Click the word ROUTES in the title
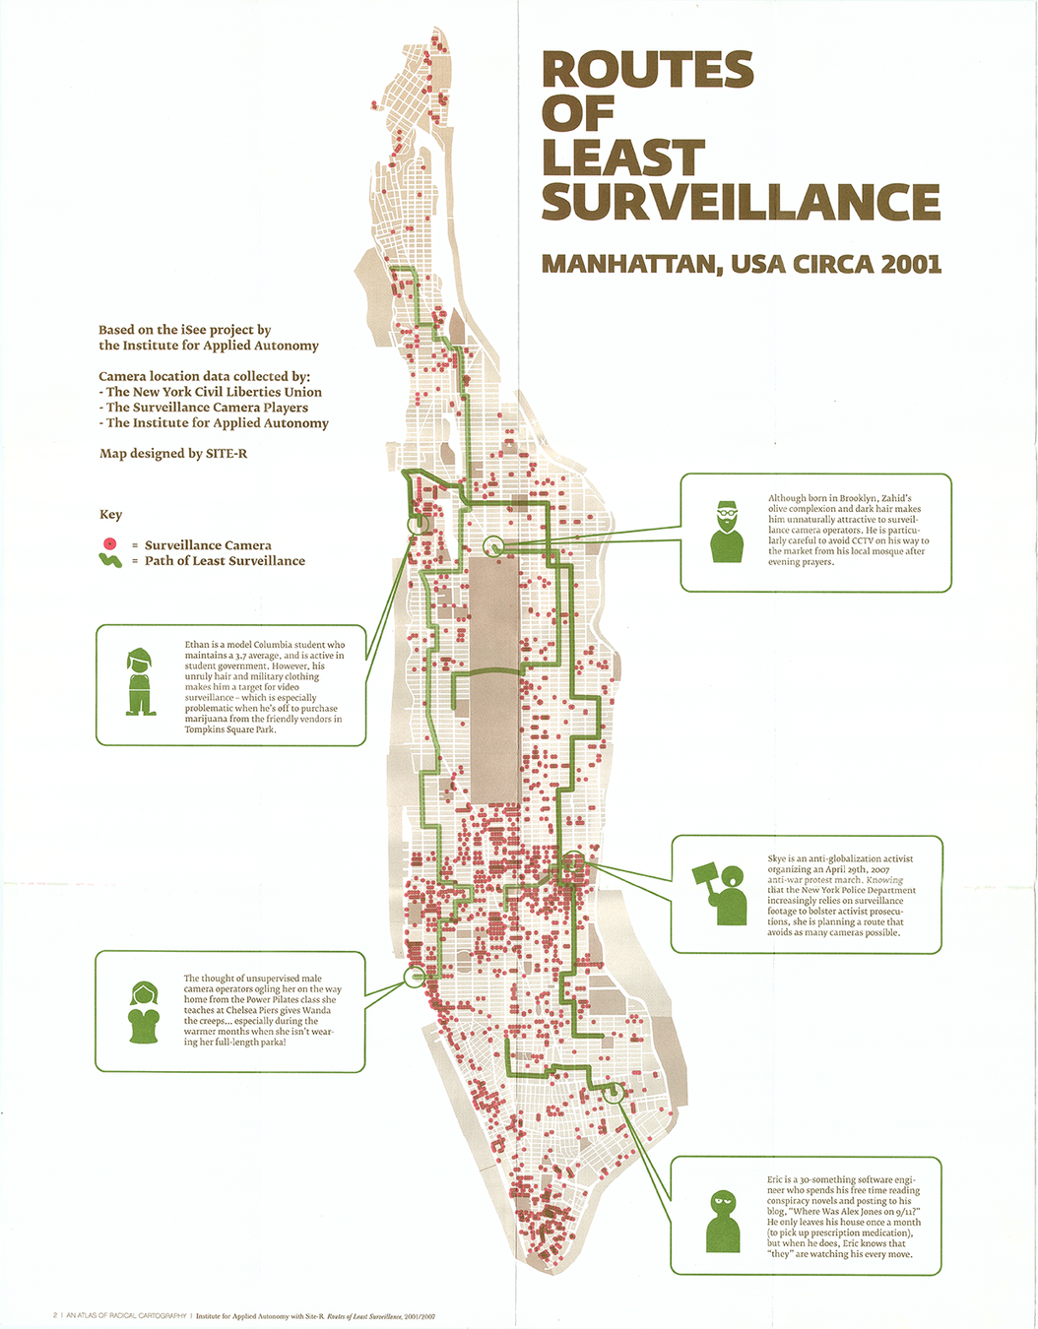point(647,70)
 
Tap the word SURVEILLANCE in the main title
point(741,202)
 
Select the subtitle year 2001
point(911,264)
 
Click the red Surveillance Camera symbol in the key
point(110,544)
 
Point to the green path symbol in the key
point(110,560)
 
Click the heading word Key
point(110,515)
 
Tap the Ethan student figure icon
point(140,681)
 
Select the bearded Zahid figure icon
point(727,532)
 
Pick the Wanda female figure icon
point(144,1012)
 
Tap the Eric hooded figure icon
point(724,1221)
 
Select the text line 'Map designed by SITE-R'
point(172,454)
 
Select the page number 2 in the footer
point(54,1315)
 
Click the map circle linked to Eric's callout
point(614,1092)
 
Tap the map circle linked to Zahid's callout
point(494,545)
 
